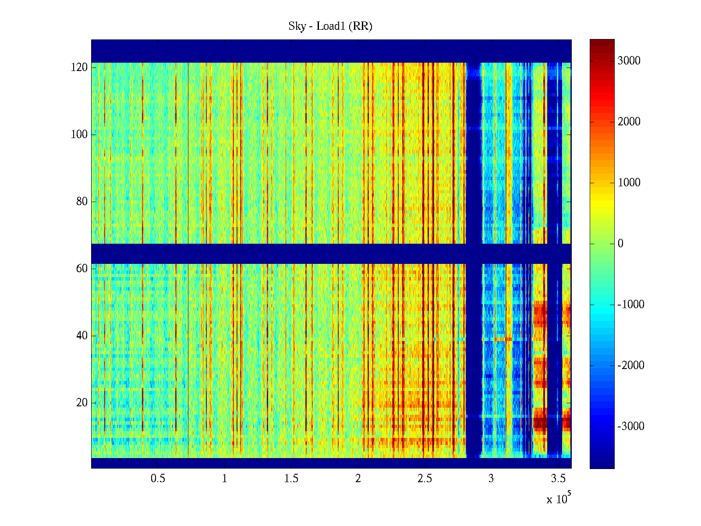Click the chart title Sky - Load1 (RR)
[x=330, y=26]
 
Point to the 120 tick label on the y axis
[x=79, y=68]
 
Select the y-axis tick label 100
[x=79, y=135]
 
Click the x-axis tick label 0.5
[x=158, y=479]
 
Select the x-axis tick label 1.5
[x=291, y=479]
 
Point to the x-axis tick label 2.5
[x=425, y=479]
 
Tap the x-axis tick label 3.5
[x=558, y=479]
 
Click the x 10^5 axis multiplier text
[x=559, y=499]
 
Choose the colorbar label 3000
[x=629, y=61]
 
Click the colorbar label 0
[x=620, y=244]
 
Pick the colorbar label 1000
[x=629, y=183]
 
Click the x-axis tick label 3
[x=491, y=479]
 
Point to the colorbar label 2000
[x=629, y=122]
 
